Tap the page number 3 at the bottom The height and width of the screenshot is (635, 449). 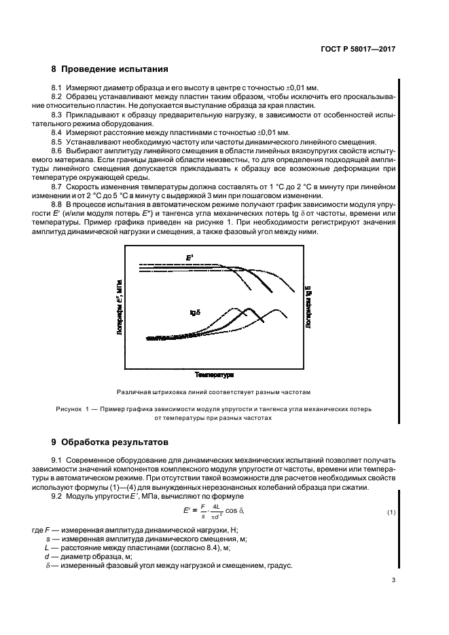[393, 580]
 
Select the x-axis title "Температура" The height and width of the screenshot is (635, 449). [214, 374]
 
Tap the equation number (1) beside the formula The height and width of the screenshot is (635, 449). [391, 511]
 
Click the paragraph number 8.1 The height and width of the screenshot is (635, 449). [57, 88]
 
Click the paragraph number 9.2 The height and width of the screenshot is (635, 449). [57, 497]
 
